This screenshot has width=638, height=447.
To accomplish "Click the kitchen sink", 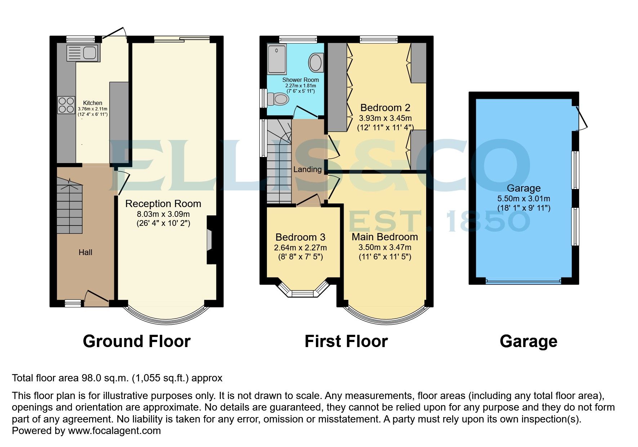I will (83, 53).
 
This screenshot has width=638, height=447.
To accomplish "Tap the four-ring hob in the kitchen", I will (66, 105).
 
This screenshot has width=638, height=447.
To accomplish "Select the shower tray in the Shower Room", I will (277, 60).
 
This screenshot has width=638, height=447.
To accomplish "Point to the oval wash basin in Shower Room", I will (316, 63).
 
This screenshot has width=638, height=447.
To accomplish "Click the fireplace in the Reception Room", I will (210, 240).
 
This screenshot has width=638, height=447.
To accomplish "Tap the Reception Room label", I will (163, 203).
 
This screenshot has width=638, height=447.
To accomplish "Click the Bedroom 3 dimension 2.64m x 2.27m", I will (300, 247).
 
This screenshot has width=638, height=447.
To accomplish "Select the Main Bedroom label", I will (385, 237).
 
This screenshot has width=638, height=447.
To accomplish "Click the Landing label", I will (307, 169).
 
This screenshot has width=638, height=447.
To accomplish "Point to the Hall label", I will (85, 252).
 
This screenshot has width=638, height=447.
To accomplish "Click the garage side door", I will (581, 118).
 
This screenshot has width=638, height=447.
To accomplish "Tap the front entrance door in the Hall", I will (96, 297).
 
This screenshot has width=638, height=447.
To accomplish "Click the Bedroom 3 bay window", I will (303, 292).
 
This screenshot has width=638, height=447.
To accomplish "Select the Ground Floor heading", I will (137, 341).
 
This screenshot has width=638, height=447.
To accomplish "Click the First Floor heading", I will (346, 341).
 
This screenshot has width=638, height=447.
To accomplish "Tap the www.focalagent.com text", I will (114, 430).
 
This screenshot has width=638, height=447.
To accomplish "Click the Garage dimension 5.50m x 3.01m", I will (523, 198).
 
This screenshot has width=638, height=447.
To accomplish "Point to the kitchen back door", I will (115, 33).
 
